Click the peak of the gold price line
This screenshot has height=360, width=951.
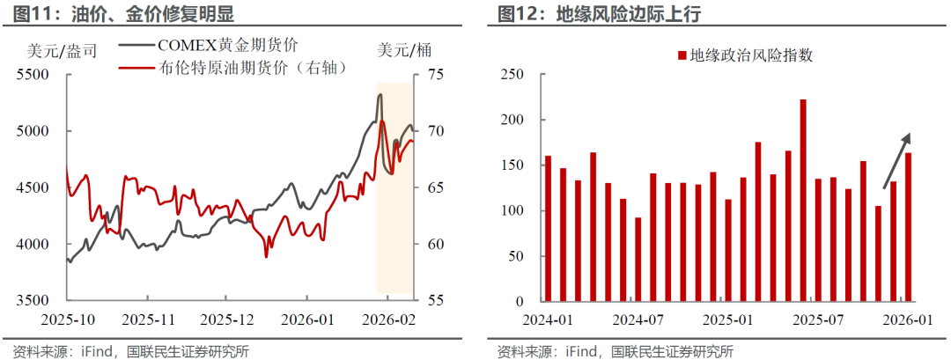coord(380,94)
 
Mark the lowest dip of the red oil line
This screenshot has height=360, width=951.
coord(266,256)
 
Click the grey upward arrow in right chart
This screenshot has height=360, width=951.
coord(896,160)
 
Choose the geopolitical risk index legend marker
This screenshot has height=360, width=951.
coord(682,55)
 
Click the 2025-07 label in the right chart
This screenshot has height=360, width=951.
coord(822,318)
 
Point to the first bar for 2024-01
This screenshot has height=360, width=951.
coord(548,229)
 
